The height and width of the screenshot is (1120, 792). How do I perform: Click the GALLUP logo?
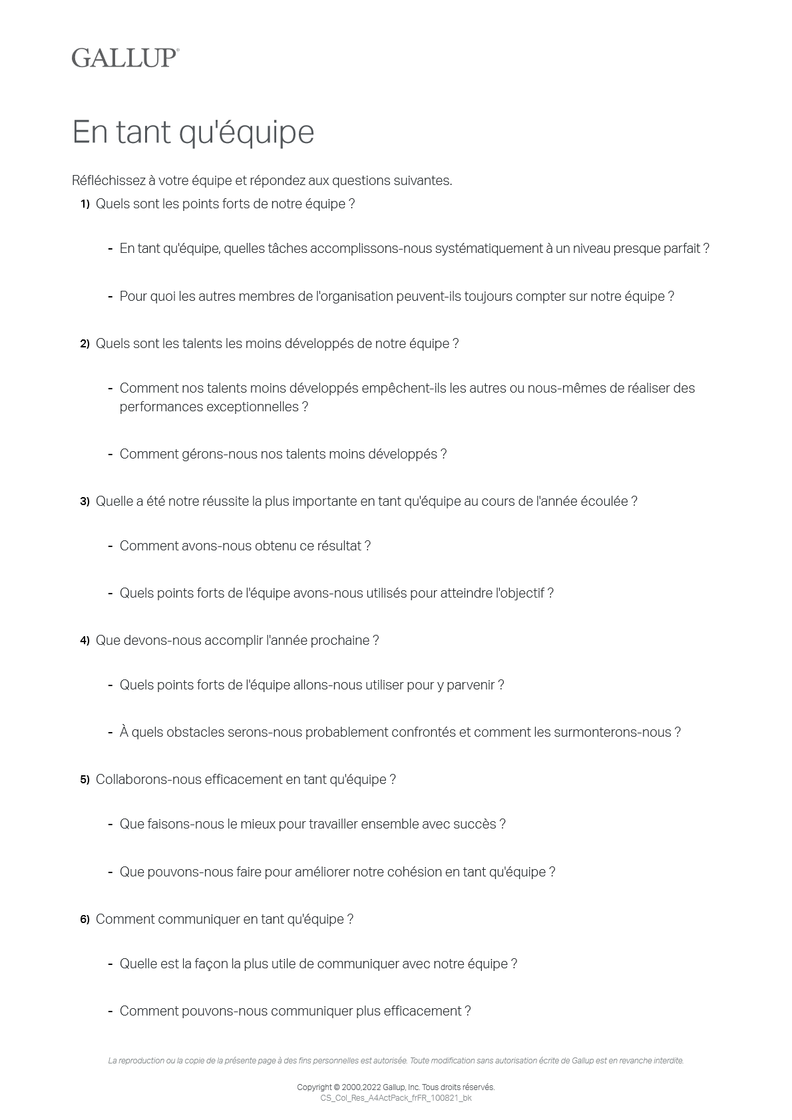tap(125, 58)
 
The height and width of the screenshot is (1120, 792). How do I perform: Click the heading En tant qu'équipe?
tap(193, 132)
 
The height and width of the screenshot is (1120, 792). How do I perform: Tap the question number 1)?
tap(85, 204)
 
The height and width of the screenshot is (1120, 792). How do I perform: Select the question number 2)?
tap(85, 344)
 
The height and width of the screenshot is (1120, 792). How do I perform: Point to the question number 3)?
tap(85, 502)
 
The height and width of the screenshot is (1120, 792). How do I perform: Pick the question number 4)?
tap(85, 641)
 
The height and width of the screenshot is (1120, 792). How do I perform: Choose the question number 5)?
tap(85, 780)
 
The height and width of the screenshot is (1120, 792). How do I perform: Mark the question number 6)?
tap(85, 920)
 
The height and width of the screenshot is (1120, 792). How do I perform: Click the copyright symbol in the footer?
tap(336, 1087)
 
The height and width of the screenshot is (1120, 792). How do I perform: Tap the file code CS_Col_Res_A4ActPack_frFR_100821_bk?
tap(396, 1098)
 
